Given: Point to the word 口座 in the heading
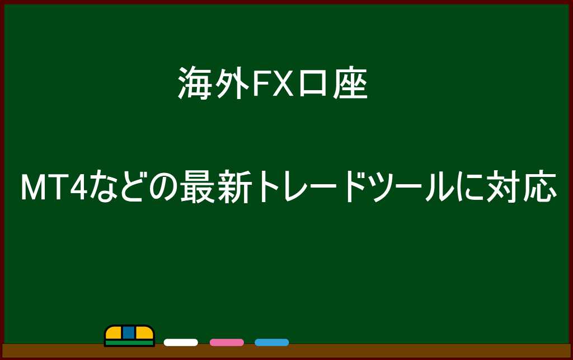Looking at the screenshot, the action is click(x=333, y=83).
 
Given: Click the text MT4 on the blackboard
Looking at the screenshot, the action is click(x=54, y=187).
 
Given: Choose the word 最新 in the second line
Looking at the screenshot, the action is click(x=215, y=187).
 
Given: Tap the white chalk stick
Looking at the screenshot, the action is click(x=181, y=343).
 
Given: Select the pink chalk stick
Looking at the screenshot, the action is click(x=227, y=343).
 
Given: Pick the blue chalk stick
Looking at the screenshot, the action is click(x=272, y=343).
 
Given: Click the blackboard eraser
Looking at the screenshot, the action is click(x=129, y=335).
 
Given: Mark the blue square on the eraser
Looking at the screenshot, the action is click(x=129, y=332).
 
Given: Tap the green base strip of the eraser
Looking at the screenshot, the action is click(x=129, y=343).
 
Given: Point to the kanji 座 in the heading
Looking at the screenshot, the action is click(x=350, y=83).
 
